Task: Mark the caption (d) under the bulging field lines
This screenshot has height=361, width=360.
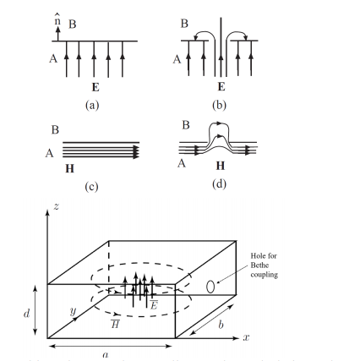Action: click(220, 183)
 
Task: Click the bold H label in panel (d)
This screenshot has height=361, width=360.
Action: click(221, 167)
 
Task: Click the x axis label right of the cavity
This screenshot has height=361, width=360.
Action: click(247, 336)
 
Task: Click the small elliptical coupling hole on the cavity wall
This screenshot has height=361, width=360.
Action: click(210, 287)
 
